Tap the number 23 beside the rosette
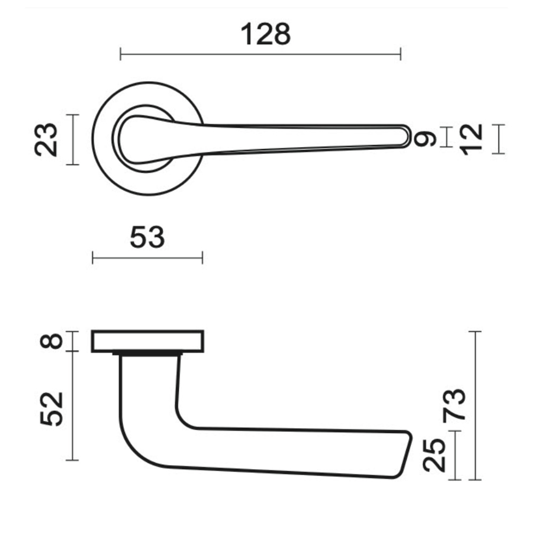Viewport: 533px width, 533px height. [x=46, y=139]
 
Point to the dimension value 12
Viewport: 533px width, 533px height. [x=472, y=139]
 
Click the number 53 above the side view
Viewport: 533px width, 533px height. [x=147, y=237]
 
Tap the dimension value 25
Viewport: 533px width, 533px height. [x=434, y=455]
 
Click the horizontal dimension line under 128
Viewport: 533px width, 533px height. [x=260, y=54]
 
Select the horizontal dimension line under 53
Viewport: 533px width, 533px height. [x=147, y=259]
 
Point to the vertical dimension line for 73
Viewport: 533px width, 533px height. [x=475, y=405]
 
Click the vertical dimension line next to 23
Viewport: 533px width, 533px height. [x=73, y=139]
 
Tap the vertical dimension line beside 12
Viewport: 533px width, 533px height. [x=498, y=139]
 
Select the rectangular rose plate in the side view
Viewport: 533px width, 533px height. [x=148, y=341]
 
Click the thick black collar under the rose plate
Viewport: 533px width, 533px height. [x=148, y=353]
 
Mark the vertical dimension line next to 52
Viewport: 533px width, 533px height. [x=73, y=406]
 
